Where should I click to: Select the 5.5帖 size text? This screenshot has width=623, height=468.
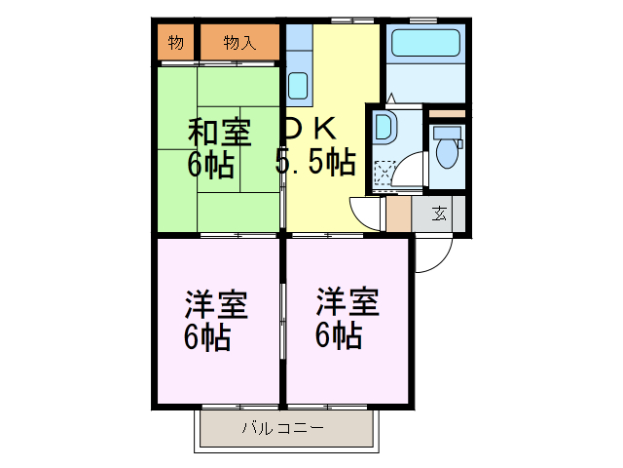pyautogui.click(x=314, y=163)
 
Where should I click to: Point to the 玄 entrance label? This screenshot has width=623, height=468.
pyautogui.click(x=440, y=214)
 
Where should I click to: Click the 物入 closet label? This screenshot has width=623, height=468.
pyautogui.click(x=239, y=42)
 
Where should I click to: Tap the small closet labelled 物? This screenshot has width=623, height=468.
pyautogui.click(x=176, y=42)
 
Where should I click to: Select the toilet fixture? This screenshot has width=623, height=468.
pyautogui.click(x=448, y=152)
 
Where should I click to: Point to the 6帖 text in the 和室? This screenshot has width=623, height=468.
pyautogui.click(x=211, y=164)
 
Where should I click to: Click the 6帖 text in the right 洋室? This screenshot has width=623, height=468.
pyautogui.click(x=339, y=337)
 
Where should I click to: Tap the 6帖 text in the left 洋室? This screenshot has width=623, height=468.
pyautogui.click(x=208, y=337)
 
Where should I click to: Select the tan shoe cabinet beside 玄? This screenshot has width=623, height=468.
pyautogui.click(x=398, y=214)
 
